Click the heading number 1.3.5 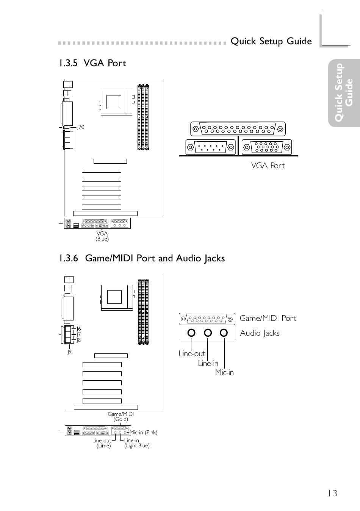coord(69,63)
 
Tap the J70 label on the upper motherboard coord(81,127)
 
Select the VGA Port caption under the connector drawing coord(268,166)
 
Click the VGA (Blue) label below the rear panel coord(102,236)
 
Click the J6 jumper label coord(78,329)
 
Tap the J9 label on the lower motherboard coord(69,352)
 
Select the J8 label coord(78,340)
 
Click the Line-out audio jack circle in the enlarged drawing coord(191,333)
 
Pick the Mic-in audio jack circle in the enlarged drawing coord(224,333)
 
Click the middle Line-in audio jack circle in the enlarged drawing coord(208,333)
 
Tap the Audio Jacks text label coord(260,333)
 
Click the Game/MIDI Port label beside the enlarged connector coord(268,318)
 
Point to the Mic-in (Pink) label coord(144,433)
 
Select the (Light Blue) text coord(137,445)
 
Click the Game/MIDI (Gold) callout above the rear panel coord(121,417)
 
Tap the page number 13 coord(332,494)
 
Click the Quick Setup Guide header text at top coord(271,41)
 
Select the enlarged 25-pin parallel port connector coord(238,129)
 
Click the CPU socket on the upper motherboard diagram coord(116,103)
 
